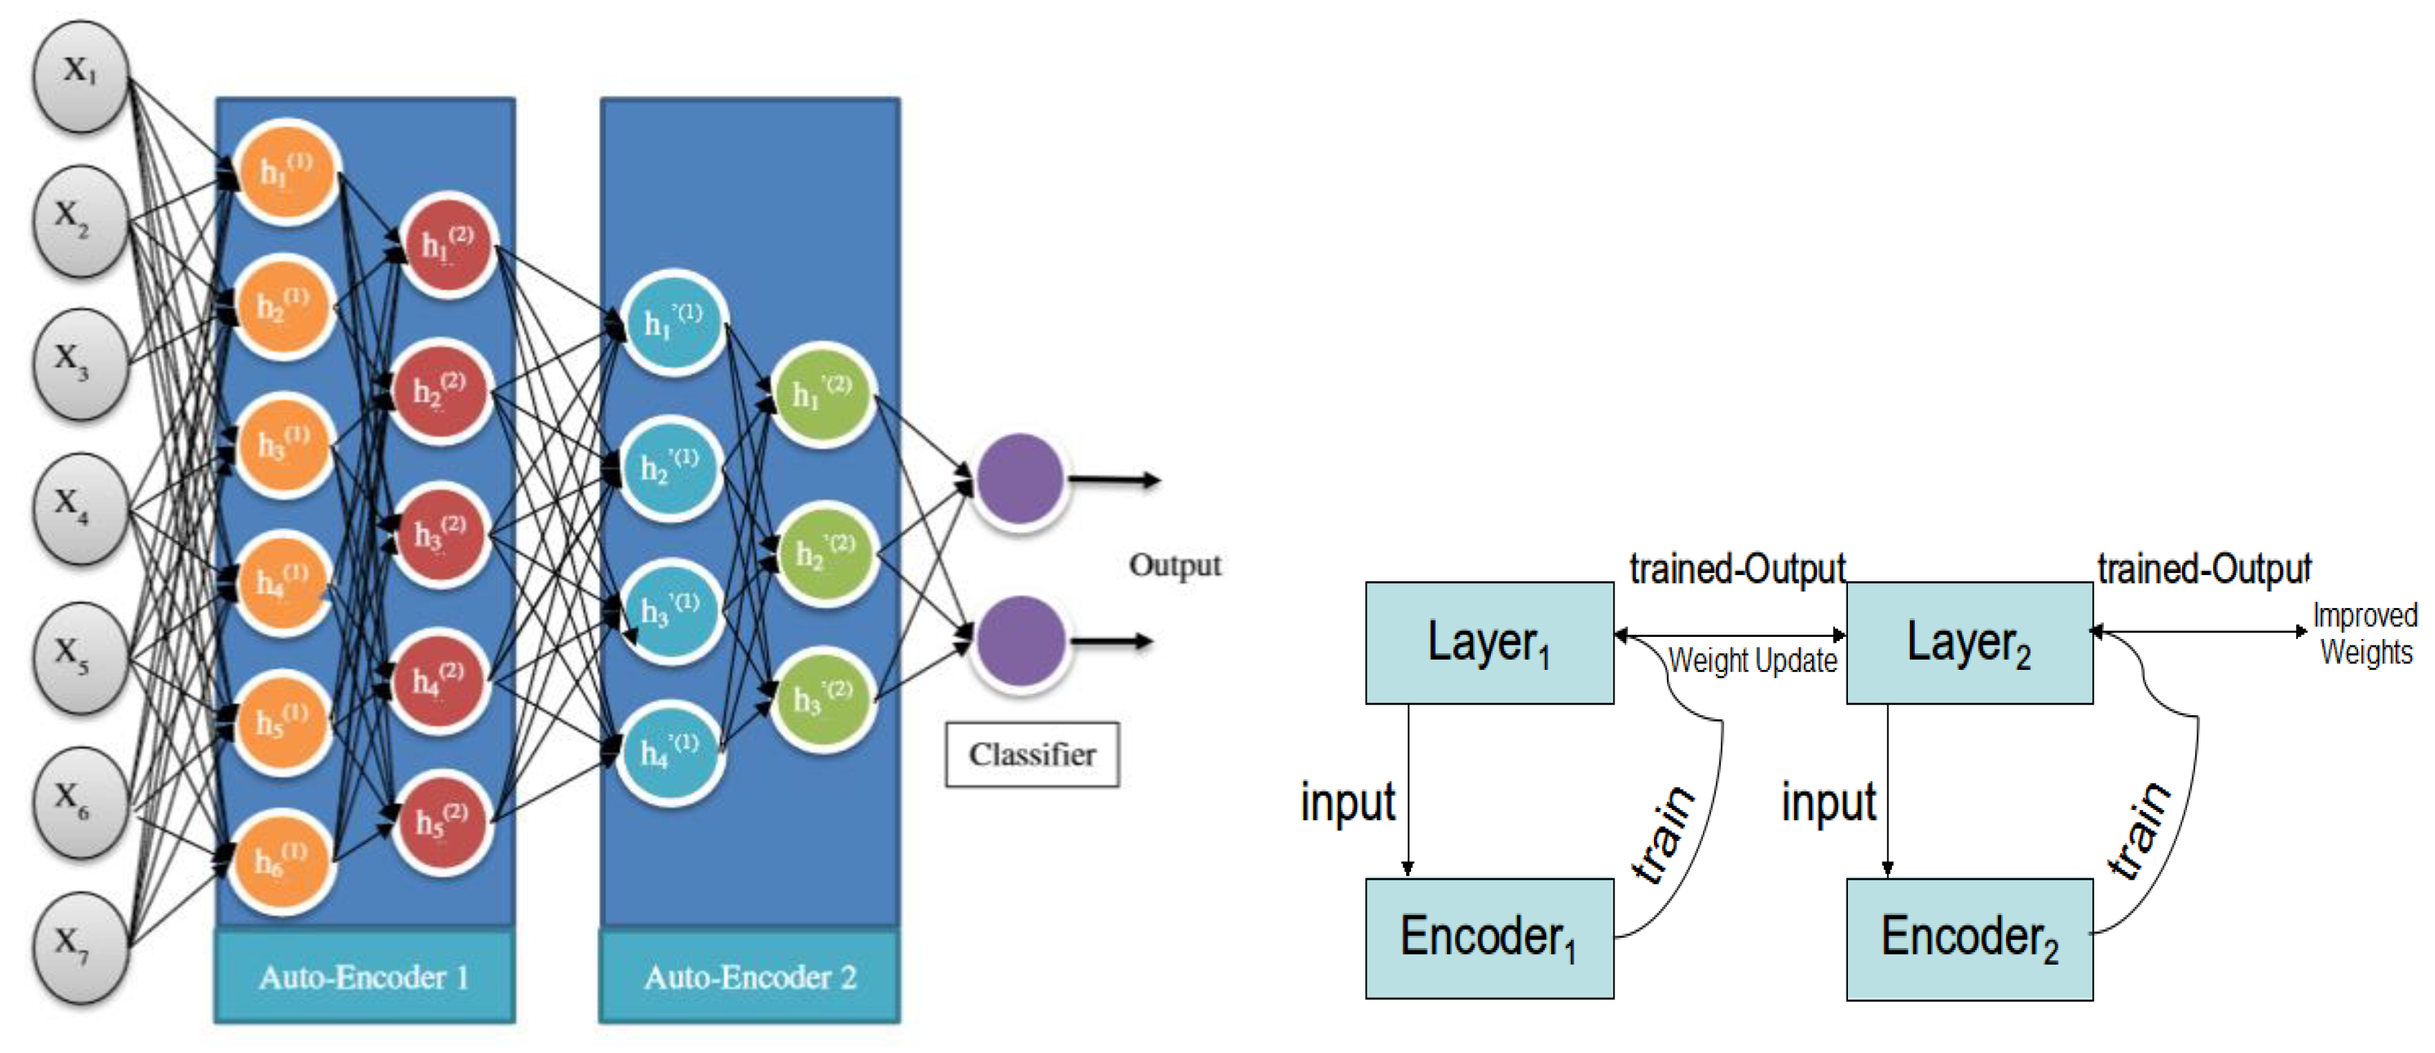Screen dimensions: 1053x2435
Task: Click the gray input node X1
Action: [x=80, y=75]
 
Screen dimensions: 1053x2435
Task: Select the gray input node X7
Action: [x=80, y=945]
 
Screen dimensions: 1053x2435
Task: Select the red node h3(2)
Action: [x=440, y=536]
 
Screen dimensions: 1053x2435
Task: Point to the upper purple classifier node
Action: [x=1019, y=478]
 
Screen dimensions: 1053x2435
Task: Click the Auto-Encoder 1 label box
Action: [x=364, y=976]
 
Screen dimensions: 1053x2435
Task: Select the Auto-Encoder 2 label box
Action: [x=749, y=976]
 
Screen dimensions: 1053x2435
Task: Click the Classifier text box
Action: [x=1031, y=754]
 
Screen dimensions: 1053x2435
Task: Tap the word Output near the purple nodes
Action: [x=1175, y=565]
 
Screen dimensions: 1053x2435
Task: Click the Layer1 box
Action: [x=1489, y=643]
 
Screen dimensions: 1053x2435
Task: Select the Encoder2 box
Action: [x=1969, y=939]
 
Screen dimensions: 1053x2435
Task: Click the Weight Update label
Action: [x=1752, y=661]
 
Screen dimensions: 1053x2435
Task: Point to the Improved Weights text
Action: [x=2365, y=633]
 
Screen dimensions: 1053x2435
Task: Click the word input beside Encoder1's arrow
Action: [x=1347, y=803]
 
